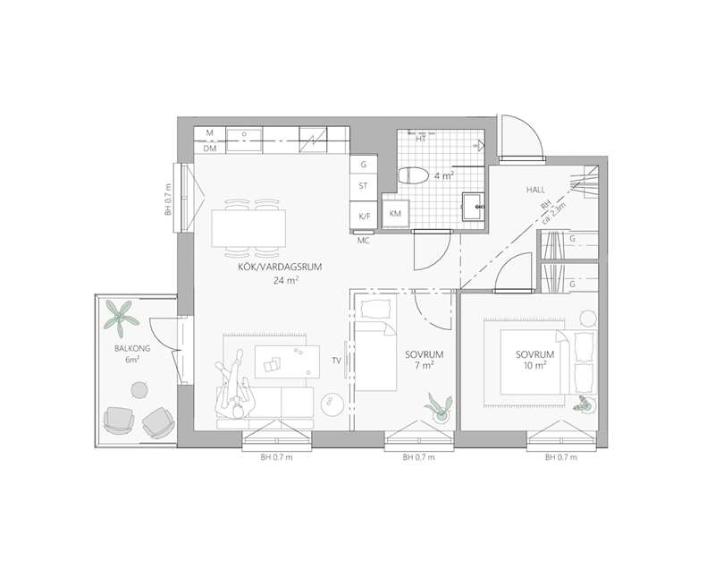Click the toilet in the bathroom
[x=414, y=175]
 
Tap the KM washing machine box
[x=395, y=213]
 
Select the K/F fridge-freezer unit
[x=364, y=217]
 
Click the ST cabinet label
[x=363, y=186]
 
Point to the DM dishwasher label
[x=210, y=149]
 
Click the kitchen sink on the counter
[x=244, y=140]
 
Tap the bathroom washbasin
[x=473, y=207]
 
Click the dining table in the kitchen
[x=248, y=228]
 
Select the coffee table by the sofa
[x=287, y=361]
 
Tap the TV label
[x=337, y=361]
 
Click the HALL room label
[x=535, y=190]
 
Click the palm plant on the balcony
[x=120, y=318]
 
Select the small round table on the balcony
[x=139, y=389]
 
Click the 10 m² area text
[x=535, y=366]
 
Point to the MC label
[x=363, y=241]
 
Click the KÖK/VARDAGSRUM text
[x=280, y=267]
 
